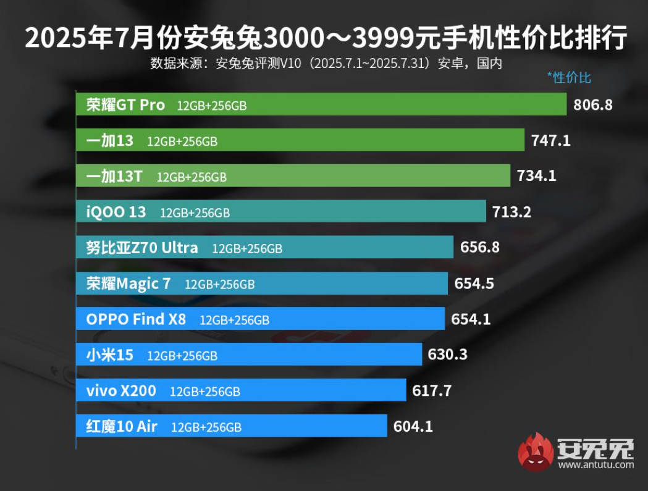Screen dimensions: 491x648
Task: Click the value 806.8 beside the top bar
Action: pos(593,104)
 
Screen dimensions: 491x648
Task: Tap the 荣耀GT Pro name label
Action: pos(125,105)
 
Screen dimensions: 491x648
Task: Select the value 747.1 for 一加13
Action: pos(550,140)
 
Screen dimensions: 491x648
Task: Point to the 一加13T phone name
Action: pos(114,177)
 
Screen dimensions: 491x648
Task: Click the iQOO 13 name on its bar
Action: pos(116,212)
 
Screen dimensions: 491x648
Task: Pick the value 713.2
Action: pos(511,212)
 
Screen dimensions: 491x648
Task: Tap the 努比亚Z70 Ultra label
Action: pos(142,248)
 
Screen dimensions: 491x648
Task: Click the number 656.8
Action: pos(479,248)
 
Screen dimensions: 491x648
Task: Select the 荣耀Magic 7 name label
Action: pos(128,284)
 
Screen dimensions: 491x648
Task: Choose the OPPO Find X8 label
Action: pos(136,319)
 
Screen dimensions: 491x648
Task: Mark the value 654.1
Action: pos(471,319)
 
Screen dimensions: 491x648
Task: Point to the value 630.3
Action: pos(447,355)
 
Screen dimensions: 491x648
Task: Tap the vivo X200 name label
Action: pos(121,391)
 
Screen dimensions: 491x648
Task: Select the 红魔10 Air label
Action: pos(122,426)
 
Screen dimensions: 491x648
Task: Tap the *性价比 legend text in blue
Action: pos(569,77)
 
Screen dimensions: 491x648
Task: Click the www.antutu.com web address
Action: pos(596,464)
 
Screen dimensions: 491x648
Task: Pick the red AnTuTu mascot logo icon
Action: pos(536,451)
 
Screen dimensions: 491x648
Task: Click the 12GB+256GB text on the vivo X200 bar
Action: pos(205,392)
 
